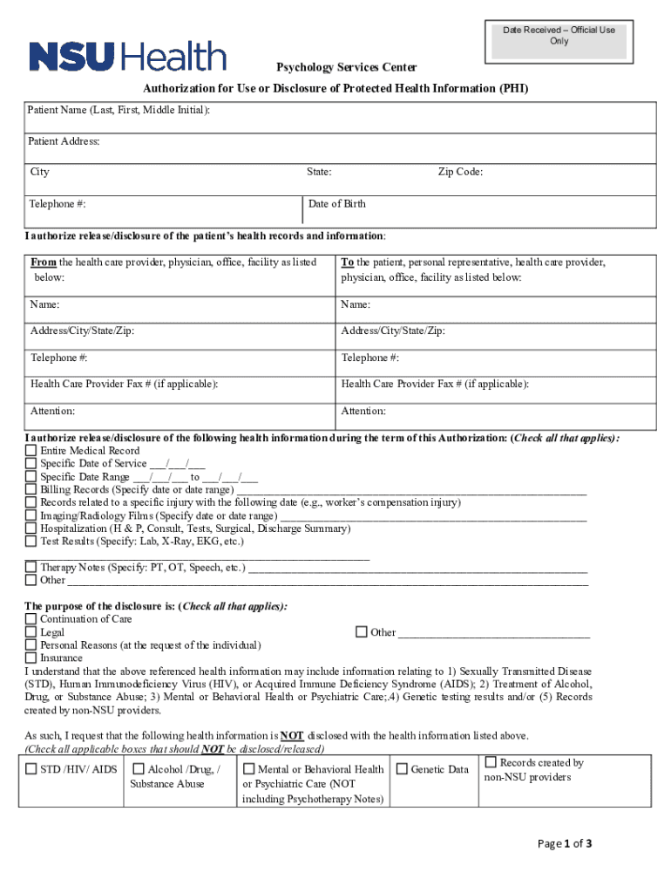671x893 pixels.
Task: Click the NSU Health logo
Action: (x=127, y=57)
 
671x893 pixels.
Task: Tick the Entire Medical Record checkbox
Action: (x=31, y=451)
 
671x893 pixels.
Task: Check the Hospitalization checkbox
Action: (x=31, y=528)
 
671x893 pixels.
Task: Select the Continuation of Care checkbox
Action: (x=31, y=619)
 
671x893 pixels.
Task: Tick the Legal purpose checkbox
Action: (x=31, y=632)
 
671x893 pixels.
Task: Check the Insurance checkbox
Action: (x=31, y=658)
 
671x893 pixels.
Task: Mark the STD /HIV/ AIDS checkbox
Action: (x=31, y=769)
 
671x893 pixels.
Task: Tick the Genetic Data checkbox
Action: (x=403, y=769)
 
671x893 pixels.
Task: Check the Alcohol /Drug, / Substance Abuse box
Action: (x=139, y=769)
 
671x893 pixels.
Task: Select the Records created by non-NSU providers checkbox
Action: (x=491, y=763)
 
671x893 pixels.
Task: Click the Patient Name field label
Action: (x=119, y=111)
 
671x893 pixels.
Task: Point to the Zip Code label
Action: (x=460, y=172)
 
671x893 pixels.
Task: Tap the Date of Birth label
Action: (x=337, y=204)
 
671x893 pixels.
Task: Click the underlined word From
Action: (x=44, y=262)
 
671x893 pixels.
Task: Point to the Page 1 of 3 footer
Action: (x=565, y=843)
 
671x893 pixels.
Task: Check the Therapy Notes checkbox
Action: (x=31, y=567)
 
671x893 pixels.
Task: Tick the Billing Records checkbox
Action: (x=31, y=490)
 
